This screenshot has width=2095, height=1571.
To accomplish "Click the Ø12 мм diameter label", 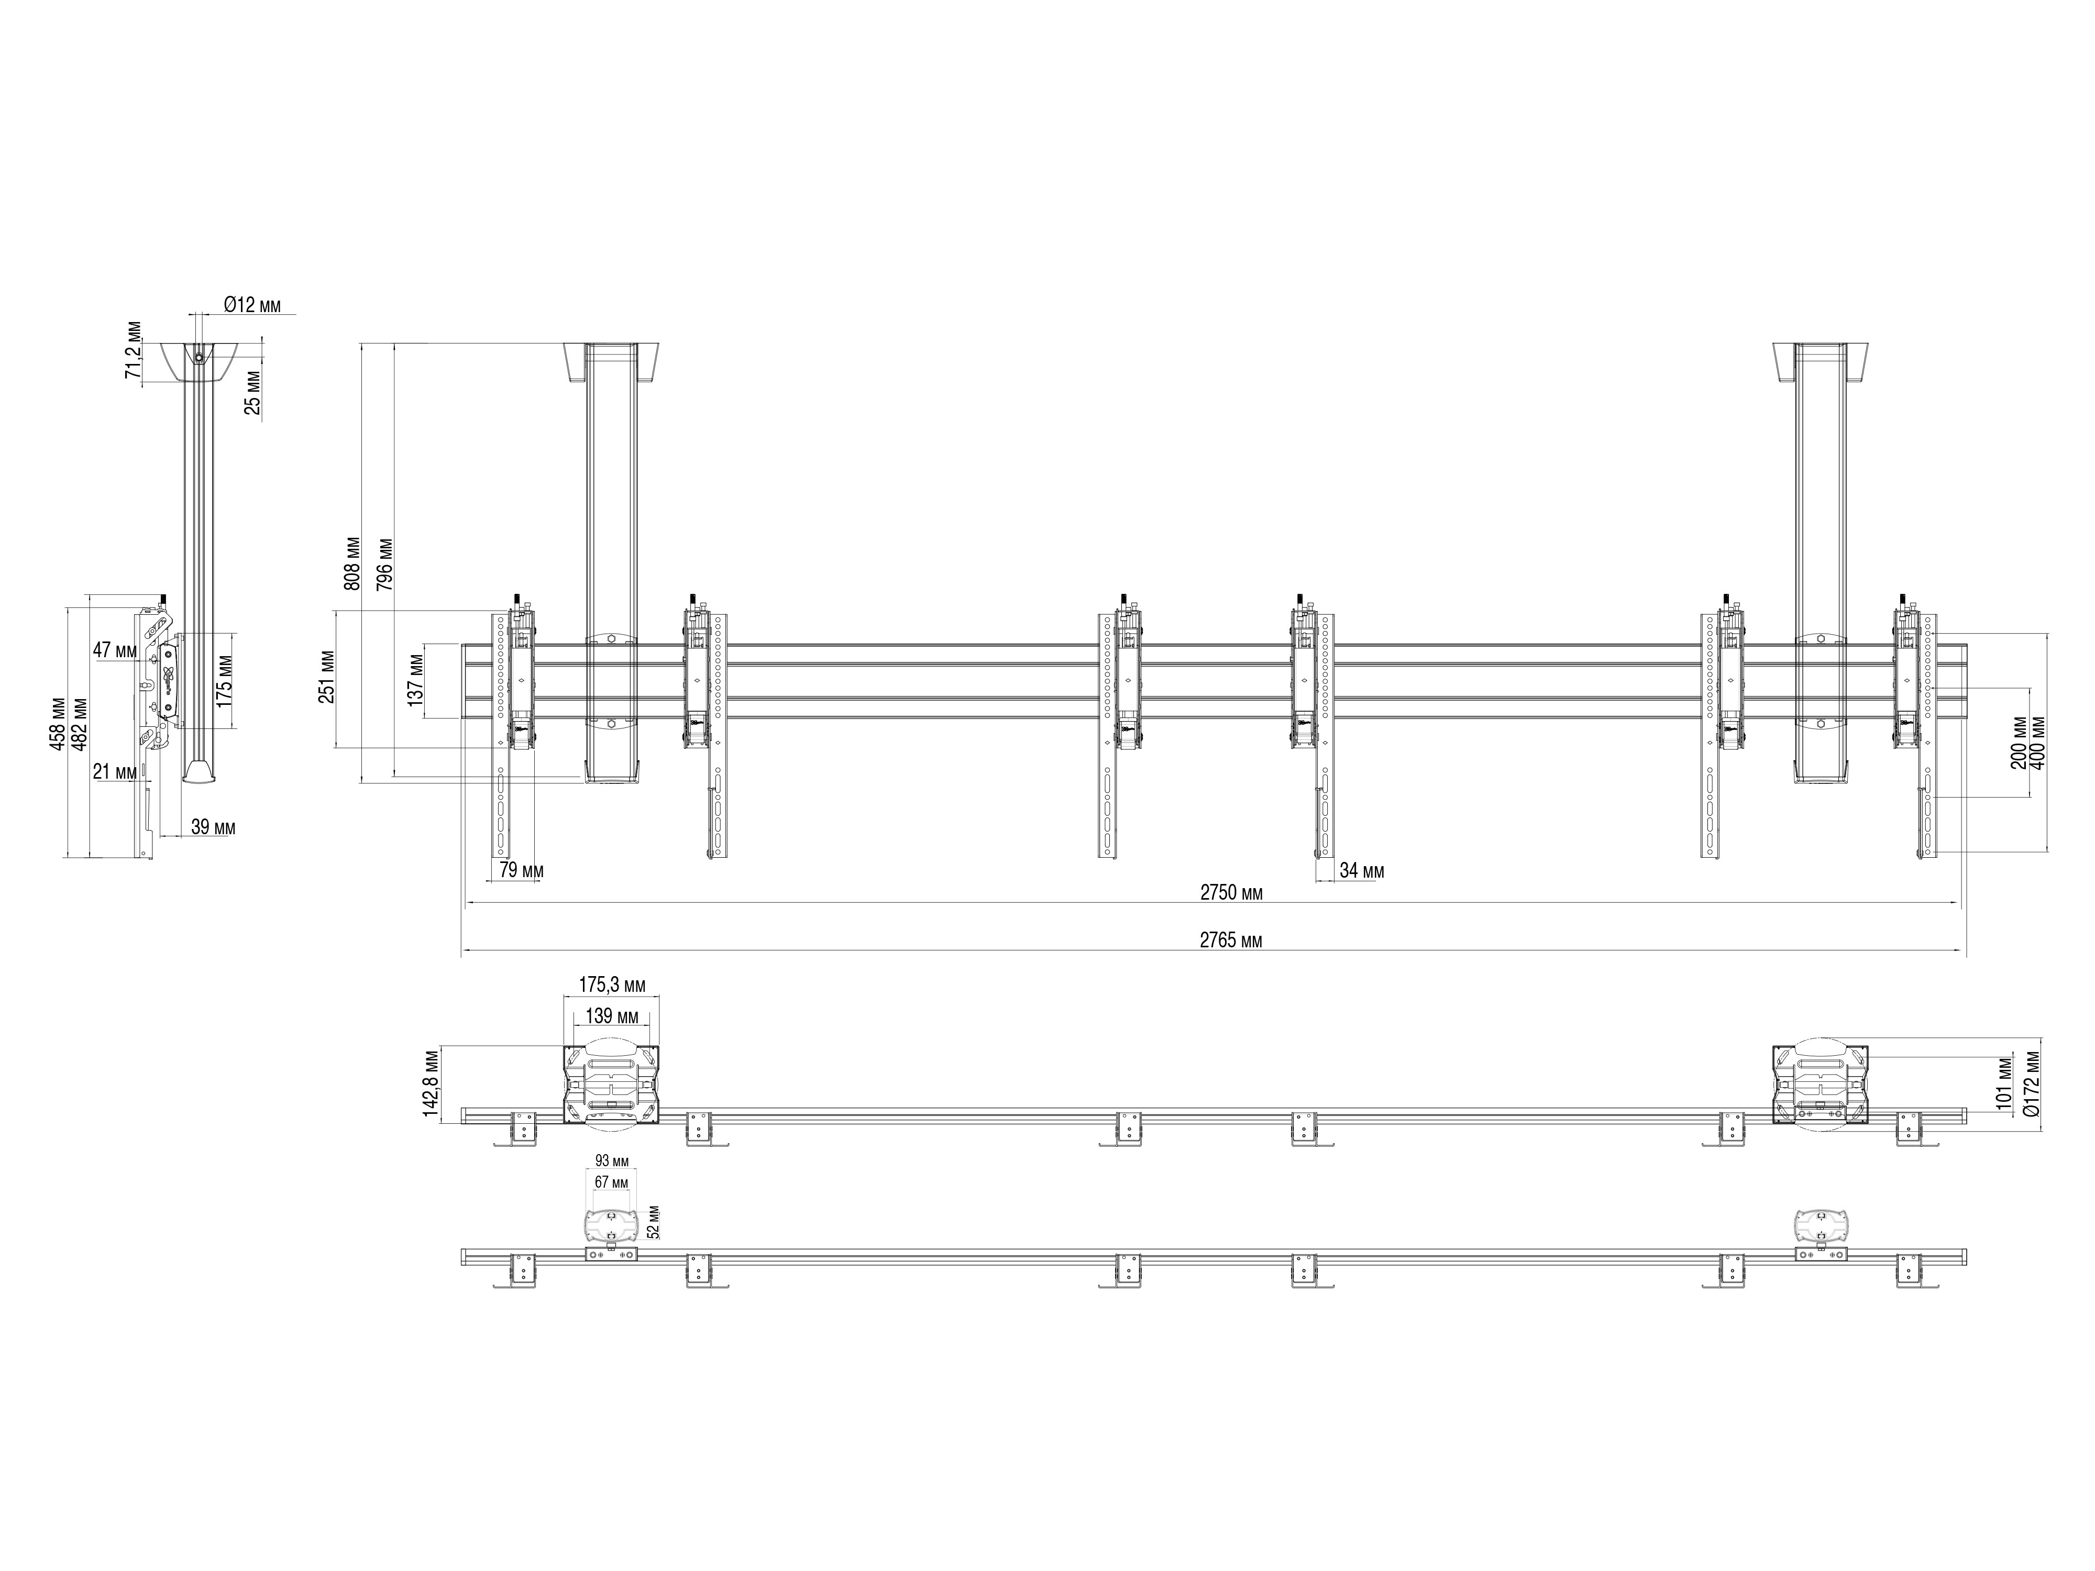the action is click(252, 305).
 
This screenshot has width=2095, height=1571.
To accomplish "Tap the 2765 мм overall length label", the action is click(1231, 941).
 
